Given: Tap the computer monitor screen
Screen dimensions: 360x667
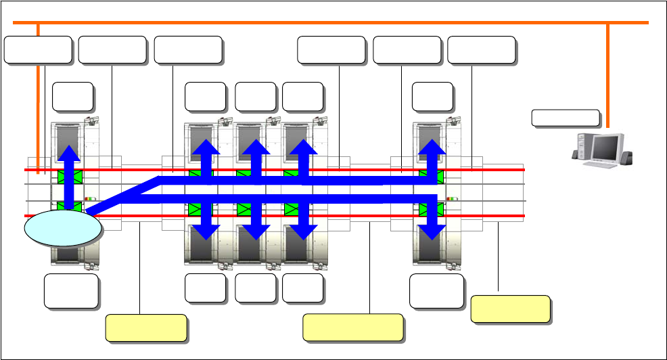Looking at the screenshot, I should (607, 148).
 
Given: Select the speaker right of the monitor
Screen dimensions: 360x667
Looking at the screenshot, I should (629, 158).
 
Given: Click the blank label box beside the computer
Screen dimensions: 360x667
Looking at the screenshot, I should (566, 118).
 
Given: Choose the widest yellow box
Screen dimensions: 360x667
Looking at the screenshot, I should (352, 327).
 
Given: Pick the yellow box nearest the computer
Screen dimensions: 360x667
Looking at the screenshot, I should (509, 308).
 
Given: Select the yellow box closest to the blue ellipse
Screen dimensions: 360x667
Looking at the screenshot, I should (146, 327).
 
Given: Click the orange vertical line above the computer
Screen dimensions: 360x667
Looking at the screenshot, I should (607, 74).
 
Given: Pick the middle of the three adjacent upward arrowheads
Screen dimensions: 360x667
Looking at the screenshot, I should (255, 150).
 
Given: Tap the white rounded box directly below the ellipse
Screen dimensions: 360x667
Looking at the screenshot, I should (71, 290).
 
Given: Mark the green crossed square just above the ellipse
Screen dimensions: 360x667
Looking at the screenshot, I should (69, 207).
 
